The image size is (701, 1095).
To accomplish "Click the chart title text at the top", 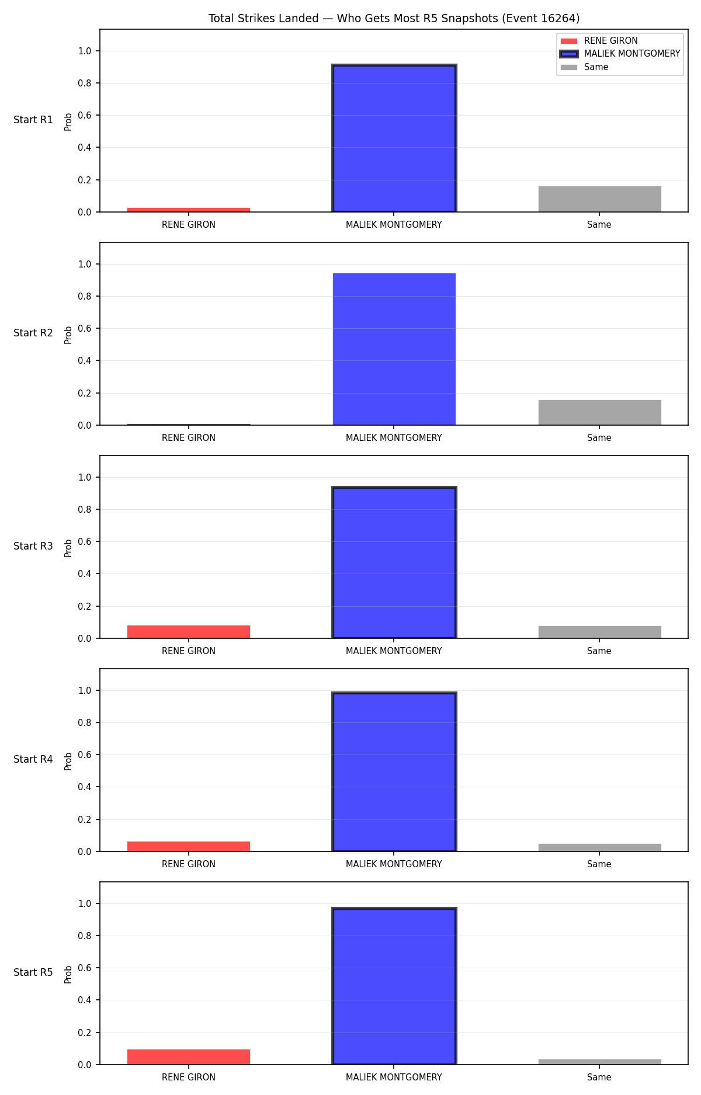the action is (x=394, y=19).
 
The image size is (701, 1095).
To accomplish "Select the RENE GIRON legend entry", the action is (x=599, y=41).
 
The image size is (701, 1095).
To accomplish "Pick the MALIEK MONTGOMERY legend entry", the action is (x=620, y=54).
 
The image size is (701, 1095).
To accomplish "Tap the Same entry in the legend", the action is (x=584, y=67).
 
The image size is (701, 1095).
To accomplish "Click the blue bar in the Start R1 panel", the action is (x=394, y=138).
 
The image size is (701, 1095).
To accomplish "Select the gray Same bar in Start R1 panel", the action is (x=600, y=199).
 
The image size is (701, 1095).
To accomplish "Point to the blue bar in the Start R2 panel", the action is (x=394, y=349).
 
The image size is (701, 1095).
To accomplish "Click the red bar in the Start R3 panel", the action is (x=189, y=632).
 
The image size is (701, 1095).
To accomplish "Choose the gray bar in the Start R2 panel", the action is (x=600, y=412).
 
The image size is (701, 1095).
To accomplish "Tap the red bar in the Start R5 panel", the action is (x=189, y=1057).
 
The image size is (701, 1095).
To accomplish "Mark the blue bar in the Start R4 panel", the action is (x=394, y=772).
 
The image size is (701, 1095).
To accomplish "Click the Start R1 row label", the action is (x=33, y=120).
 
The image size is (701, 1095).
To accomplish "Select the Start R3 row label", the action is (x=33, y=546).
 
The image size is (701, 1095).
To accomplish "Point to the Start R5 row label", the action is (x=33, y=972).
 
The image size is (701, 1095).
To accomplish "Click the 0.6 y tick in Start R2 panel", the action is (x=85, y=329).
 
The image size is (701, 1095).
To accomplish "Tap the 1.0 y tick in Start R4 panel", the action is (x=85, y=691).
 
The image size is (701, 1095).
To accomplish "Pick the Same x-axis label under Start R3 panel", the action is (x=599, y=651).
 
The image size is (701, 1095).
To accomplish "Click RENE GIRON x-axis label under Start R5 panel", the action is (x=189, y=1077).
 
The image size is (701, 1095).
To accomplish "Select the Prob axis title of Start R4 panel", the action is (x=68, y=761).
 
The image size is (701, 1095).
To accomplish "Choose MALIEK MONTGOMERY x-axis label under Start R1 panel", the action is (x=394, y=225).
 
